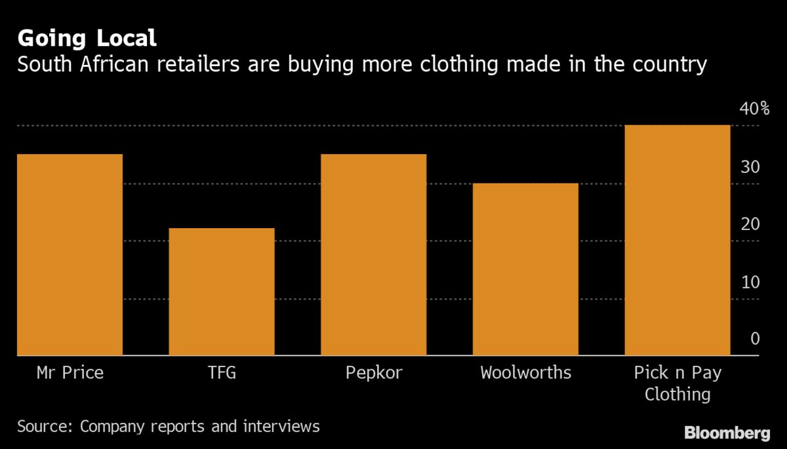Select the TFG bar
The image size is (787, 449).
pyautogui.click(x=222, y=292)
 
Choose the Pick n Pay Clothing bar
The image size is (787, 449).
pyautogui.click(x=677, y=240)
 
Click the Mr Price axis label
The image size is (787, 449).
pyautogui.click(x=70, y=374)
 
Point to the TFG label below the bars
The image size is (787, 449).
pyautogui.click(x=222, y=374)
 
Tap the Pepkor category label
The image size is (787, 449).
pyautogui.click(x=373, y=374)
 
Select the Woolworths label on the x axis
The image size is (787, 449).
pyautogui.click(x=525, y=374)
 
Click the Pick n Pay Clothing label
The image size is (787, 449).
pyautogui.click(x=677, y=383)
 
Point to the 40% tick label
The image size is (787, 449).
pyautogui.click(x=754, y=109)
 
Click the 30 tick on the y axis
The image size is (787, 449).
pyautogui.click(x=750, y=166)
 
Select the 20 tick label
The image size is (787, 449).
pyautogui.click(x=750, y=224)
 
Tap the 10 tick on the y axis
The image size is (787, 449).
pyautogui.click(x=750, y=282)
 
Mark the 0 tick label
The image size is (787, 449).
pyautogui.click(x=755, y=339)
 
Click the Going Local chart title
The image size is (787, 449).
pyautogui.click(x=87, y=39)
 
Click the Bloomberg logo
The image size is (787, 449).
pyautogui.click(x=727, y=433)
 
